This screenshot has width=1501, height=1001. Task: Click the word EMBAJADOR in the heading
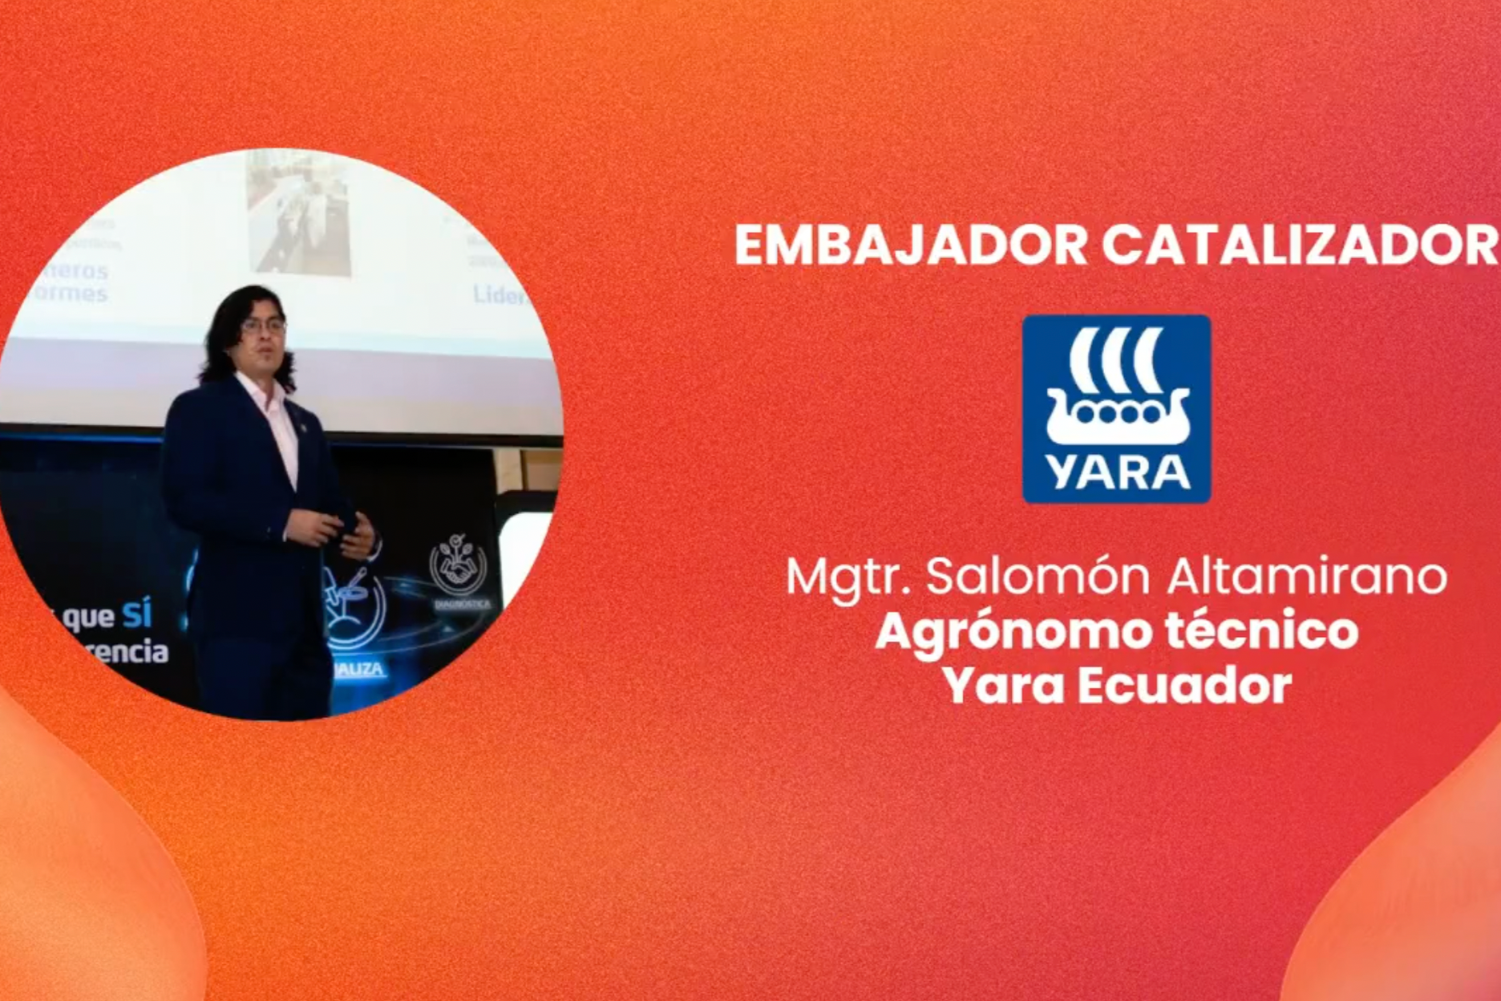(x=910, y=245)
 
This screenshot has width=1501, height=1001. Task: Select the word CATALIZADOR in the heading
(x=1299, y=245)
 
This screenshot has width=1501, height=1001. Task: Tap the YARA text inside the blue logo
(x=1117, y=473)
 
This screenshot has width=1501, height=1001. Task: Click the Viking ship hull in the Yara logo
(x=1117, y=421)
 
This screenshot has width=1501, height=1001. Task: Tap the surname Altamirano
(x=1306, y=577)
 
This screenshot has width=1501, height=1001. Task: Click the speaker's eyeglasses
(x=263, y=326)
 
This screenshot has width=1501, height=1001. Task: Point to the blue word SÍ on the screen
(x=136, y=615)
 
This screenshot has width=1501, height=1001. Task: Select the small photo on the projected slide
(x=298, y=213)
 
